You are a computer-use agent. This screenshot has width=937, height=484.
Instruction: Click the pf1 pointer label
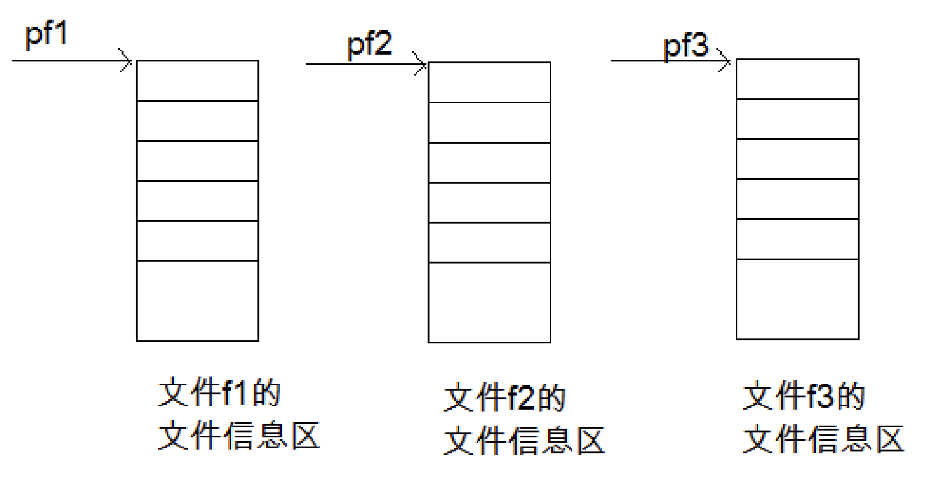pyautogui.click(x=45, y=34)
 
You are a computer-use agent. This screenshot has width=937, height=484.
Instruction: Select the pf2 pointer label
pyautogui.click(x=369, y=45)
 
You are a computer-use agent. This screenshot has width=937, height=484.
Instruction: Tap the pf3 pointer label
pyautogui.click(x=686, y=46)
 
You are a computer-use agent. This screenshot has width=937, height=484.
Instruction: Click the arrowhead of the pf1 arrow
pyautogui.click(x=128, y=61)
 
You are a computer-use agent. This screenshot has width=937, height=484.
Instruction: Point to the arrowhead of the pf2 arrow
pyautogui.click(x=421, y=64)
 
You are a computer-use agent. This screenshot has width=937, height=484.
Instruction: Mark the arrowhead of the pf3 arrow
pyautogui.click(x=726, y=61)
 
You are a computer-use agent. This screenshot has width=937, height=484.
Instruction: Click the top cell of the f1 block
pyautogui.click(x=197, y=80)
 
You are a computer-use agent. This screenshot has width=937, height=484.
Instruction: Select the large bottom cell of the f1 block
pyautogui.click(x=197, y=300)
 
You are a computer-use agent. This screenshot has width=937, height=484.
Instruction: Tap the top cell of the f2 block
pyautogui.click(x=489, y=82)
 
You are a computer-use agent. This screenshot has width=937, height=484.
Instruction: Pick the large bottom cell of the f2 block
pyautogui.click(x=489, y=302)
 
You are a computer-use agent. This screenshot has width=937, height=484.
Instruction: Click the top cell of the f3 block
pyautogui.click(x=797, y=79)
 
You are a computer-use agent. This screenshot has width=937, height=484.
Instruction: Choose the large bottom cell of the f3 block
pyautogui.click(x=797, y=299)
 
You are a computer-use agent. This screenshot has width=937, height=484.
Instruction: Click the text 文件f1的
pyautogui.click(x=219, y=393)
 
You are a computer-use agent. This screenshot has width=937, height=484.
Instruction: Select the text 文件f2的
pyautogui.click(x=504, y=398)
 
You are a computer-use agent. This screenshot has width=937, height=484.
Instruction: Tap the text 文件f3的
pyautogui.click(x=804, y=396)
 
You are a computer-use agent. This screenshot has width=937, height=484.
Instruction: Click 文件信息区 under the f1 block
pyautogui.click(x=239, y=435)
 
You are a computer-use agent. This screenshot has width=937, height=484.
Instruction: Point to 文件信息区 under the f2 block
pyautogui.click(x=524, y=440)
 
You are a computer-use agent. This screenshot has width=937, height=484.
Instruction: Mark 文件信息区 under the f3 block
pyautogui.click(x=823, y=439)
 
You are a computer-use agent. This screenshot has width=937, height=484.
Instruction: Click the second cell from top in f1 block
pyautogui.click(x=197, y=120)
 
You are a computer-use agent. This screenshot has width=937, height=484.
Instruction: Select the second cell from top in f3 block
pyautogui.click(x=797, y=119)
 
